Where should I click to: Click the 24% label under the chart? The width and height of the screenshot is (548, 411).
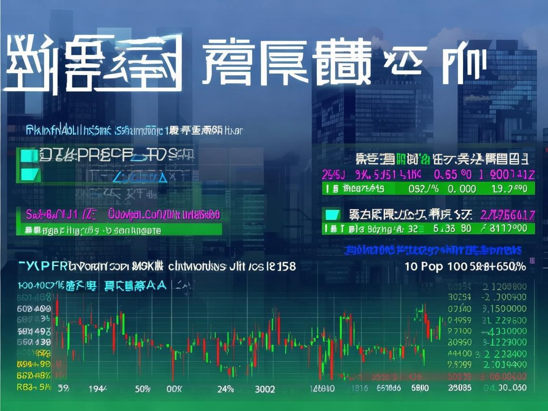click(225, 389)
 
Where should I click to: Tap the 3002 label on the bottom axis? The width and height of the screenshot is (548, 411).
click(264, 389)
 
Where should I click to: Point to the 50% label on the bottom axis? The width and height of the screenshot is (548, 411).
click(143, 389)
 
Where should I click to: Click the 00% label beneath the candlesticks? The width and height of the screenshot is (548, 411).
click(174, 389)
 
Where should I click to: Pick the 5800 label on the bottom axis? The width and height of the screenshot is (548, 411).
click(420, 388)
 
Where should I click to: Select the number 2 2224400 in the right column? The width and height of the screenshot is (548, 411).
click(505, 354)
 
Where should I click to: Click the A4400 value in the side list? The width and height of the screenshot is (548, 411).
click(460, 353)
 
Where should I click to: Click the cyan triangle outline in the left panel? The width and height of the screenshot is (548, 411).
click(140, 177)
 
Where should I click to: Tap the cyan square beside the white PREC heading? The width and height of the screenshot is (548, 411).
click(27, 155)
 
